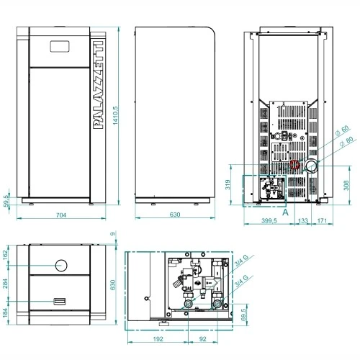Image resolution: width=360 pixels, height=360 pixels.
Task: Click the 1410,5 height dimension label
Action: pyautogui.click(x=115, y=115)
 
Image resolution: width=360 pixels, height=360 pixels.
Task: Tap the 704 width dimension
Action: pyautogui.click(x=61, y=215)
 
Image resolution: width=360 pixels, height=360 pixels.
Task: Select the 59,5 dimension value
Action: pyautogui.click(x=6, y=201)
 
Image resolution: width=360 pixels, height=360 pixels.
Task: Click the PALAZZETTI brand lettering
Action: pyautogui.click(x=98, y=85)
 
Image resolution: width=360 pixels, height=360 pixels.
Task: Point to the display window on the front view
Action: pyautogui.click(x=60, y=46)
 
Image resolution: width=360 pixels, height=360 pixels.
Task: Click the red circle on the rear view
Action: pyautogui.click(x=294, y=165)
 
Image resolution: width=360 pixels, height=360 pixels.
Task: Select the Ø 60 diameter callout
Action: pyautogui.click(x=342, y=130)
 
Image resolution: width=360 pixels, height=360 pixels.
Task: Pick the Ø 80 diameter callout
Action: pyautogui.click(x=347, y=141)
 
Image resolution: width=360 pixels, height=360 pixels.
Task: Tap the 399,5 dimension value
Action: pyautogui.click(x=269, y=220)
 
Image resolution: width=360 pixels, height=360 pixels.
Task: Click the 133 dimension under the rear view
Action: pyautogui.click(x=302, y=220)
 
